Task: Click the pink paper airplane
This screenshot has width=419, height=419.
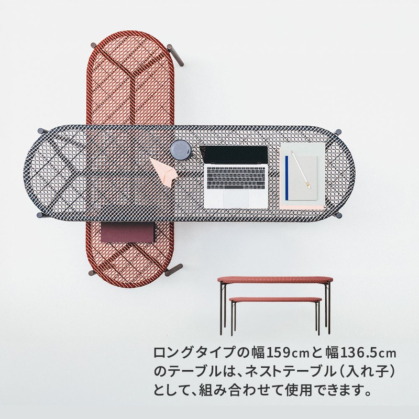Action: click(163, 172)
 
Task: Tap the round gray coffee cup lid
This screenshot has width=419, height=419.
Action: click(181, 150)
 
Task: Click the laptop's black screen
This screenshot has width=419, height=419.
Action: click(234, 155)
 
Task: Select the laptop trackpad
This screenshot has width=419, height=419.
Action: click(236, 199)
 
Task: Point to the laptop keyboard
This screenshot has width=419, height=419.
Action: click(236, 178)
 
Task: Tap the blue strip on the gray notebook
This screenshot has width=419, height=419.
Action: click(286, 178)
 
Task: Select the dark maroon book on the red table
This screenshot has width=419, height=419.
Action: click(128, 232)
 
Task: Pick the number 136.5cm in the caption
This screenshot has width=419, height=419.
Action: click(368, 352)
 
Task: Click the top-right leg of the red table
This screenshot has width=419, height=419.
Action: click(175, 55)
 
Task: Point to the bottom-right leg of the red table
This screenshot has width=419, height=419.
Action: click(174, 270)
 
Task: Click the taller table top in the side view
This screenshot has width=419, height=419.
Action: click(275, 280)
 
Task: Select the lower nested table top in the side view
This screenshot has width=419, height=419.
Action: click(275, 300)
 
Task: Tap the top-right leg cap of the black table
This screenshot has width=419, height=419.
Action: click(338, 132)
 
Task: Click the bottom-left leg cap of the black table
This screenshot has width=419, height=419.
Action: click(40, 215)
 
